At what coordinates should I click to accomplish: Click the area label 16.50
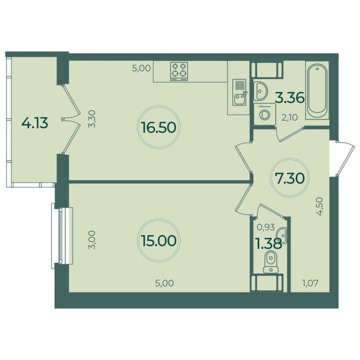(x=157, y=128)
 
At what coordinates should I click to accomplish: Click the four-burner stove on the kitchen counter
(x=179, y=71)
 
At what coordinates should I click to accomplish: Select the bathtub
(x=317, y=90)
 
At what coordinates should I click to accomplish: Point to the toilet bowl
(x=270, y=261)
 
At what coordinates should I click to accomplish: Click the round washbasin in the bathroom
(x=260, y=91)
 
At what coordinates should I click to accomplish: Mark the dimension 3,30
(x=93, y=120)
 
